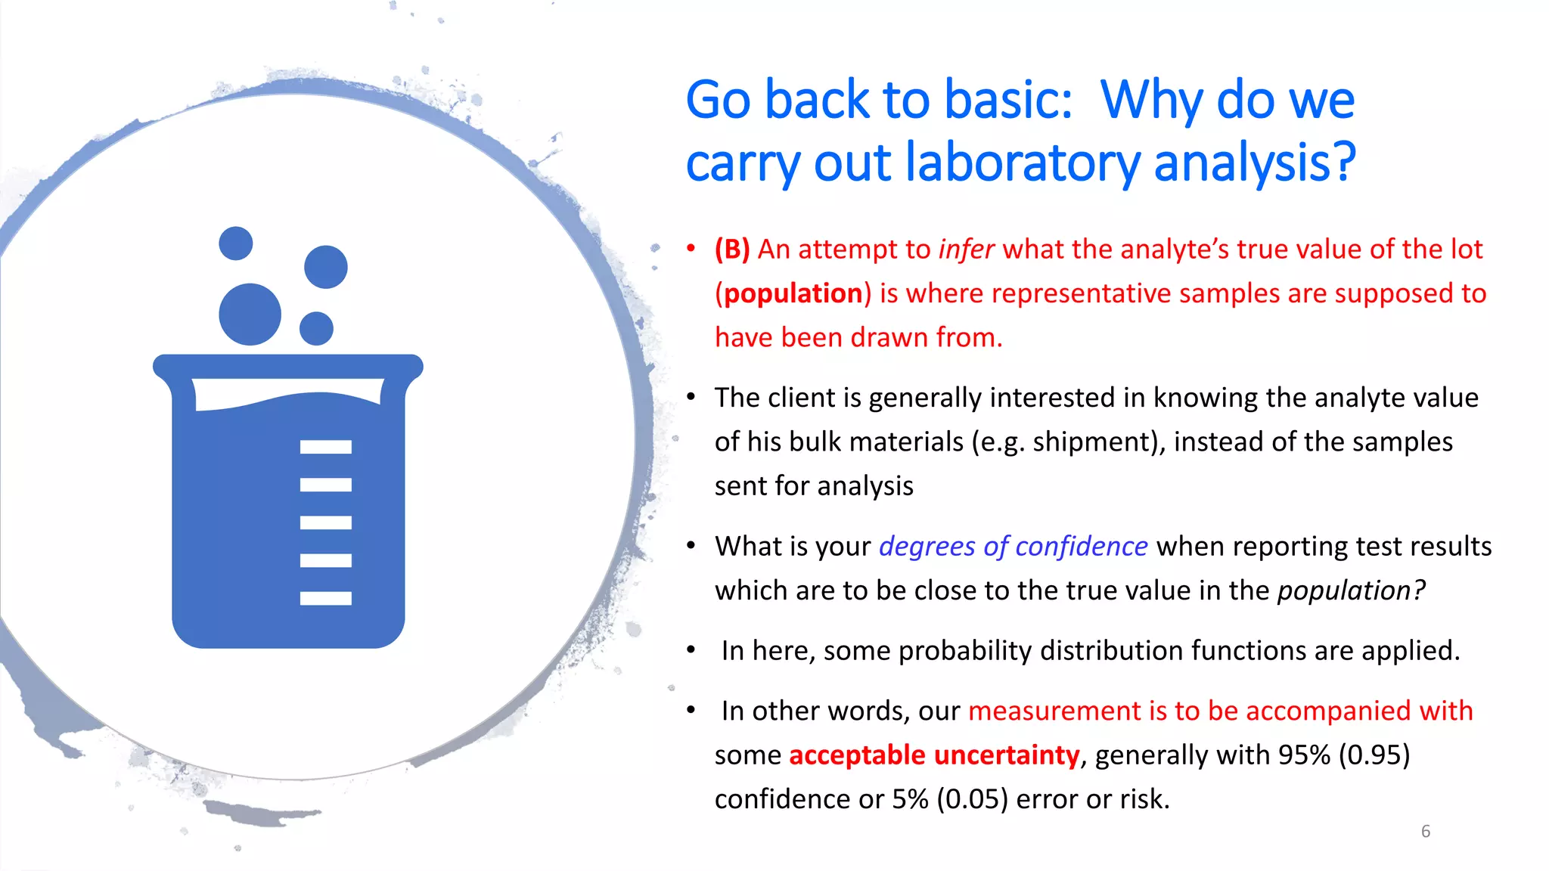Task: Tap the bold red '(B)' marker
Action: pyautogui.click(x=732, y=250)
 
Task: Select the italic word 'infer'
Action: pyautogui.click(x=966, y=250)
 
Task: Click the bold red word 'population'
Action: pyautogui.click(x=793, y=293)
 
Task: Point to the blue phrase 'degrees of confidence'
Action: pyautogui.click(x=1013, y=547)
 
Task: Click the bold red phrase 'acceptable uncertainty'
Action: pyautogui.click(x=934, y=755)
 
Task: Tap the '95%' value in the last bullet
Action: pyautogui.click(x=1303, y=755)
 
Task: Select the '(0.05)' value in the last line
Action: pyautogui.click(x=972, y=799)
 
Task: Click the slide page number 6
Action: pyautogui.click(x=1425, y=832)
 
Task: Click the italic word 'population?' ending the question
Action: pyautogui.click(x=1351, y=590)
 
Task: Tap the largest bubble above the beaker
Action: pyautogui.click(x=250, y=315)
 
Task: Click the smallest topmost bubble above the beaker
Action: pyautogui.click(x=235, y=243)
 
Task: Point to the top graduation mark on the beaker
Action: pyautogui.click(x=325, y=447)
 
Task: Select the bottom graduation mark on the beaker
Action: pyautogui.click(x=325, y=599)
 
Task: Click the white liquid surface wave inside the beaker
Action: pyautogui.click(x=287, y=393)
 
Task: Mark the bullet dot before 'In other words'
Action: pyautogui.click(x=691, y=710)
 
